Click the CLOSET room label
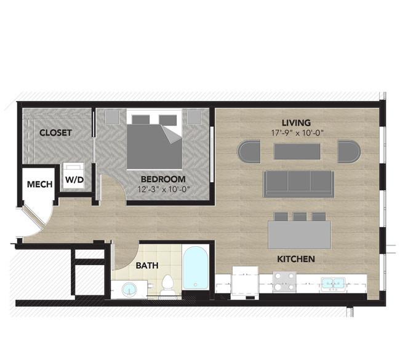click(55, 133)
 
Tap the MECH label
click(40, 184)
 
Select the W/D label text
click(74, 180)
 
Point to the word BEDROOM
click(163, 179)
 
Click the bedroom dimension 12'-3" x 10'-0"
click(164, 190)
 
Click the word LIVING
click(296, 122)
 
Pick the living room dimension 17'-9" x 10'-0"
click(297, 133)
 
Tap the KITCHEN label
click(296, 259)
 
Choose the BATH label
click(147, 266)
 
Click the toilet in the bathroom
click(167, 286)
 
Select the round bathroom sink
click(130, 289)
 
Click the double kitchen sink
click(333, 284)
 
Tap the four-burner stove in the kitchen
click(285, 282)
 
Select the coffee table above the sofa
click(297, 151)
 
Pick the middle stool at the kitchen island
click(300, 217)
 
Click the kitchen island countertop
click(300, 234)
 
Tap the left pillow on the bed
click(140, 119)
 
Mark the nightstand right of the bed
click(194, 117)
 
